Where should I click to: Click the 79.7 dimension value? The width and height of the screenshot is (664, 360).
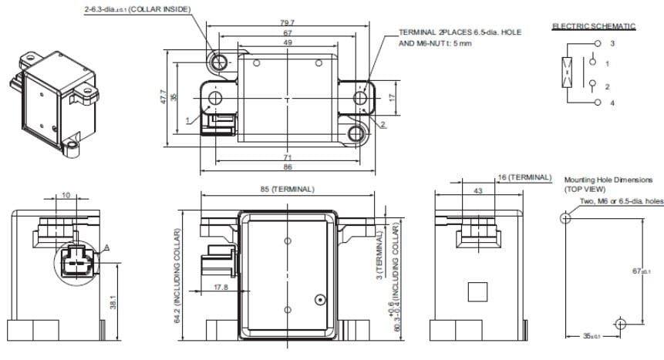(287, 24)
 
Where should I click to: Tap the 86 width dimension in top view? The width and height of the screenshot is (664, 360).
(287, 167)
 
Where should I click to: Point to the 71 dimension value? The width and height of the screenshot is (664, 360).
(287, 156)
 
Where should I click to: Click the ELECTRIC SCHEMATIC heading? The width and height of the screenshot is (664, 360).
(593, 26)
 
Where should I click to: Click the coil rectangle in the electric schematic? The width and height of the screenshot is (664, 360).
(568, 73)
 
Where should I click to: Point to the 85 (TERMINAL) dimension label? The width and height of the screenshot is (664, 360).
(287, 189)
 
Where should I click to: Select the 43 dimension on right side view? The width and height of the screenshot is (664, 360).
(478, 190)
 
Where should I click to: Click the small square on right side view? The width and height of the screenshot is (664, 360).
(477, 291)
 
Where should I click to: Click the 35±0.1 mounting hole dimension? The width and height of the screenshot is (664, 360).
(592, 336)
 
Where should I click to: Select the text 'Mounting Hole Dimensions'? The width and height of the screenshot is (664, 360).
(608, 180)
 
